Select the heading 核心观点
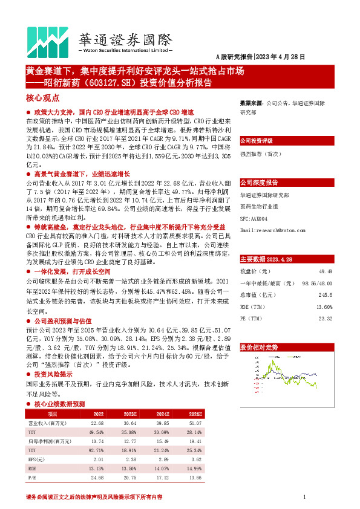[43, 97]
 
